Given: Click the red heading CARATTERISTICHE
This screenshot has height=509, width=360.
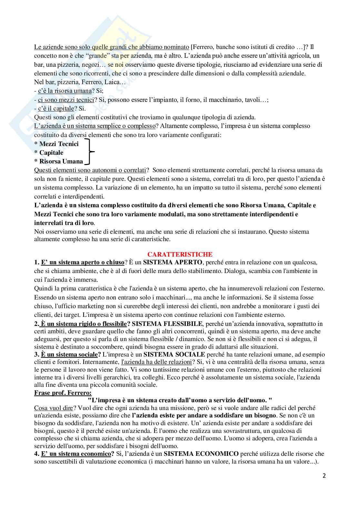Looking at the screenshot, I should coord(180,254).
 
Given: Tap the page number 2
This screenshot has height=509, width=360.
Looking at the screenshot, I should coord(324,475).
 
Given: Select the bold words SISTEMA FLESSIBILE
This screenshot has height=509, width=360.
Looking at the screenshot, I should coord(167,324).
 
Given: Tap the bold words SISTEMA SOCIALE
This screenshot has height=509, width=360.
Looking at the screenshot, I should coord(174,354).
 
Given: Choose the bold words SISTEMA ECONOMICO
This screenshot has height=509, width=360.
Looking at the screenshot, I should coord(201,454).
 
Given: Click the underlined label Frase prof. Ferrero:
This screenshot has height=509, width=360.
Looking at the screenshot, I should coord(63,393).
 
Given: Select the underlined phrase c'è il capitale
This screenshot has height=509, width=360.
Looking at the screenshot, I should coord(56,108).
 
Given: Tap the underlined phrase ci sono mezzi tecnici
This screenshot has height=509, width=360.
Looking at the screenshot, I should coord(66,100).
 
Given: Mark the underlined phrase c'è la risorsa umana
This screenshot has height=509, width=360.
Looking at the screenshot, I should coord(65,91).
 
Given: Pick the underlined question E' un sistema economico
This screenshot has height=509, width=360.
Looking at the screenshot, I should coord(76,454).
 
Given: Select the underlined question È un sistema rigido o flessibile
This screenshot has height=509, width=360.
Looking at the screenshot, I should coord(84,324).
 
